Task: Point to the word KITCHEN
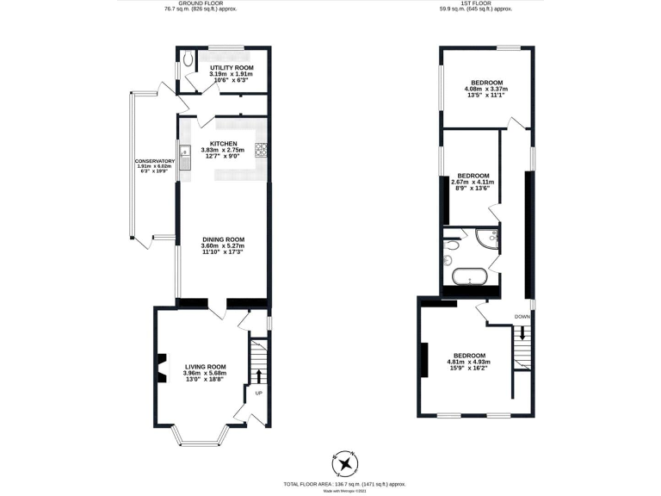point(224,143)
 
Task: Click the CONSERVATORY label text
point(154,161)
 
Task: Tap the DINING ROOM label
point(224,239)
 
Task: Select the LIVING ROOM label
point(205,366)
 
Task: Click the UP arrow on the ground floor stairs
point(258,374)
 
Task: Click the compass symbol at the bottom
point(345,463)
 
